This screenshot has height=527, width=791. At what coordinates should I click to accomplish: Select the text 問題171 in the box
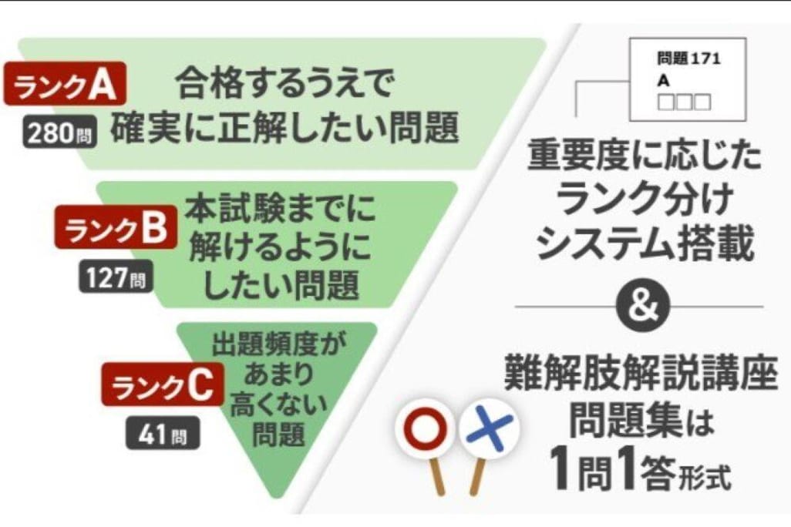click(x=688, y=59)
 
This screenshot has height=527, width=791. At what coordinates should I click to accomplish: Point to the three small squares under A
click(x=684, y=102)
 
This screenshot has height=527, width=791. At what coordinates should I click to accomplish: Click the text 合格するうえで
click(x=284, y=82)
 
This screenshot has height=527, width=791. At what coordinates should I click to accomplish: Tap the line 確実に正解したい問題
click(x=284, y=129)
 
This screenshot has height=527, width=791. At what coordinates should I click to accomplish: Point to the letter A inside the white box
click(x=663, y=80)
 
